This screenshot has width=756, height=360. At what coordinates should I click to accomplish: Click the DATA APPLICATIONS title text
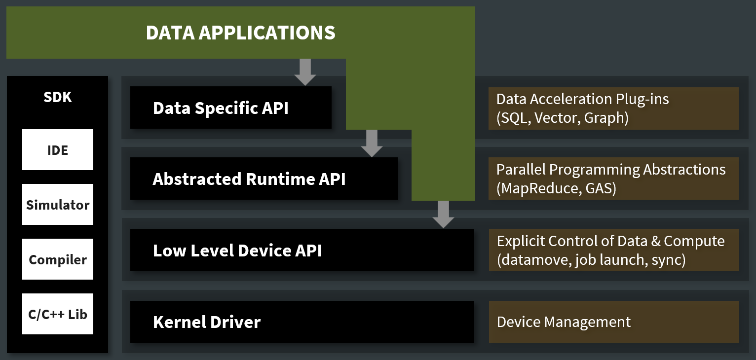pyautogui.click(x=240, y=33)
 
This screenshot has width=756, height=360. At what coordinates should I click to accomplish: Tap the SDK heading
pyautogui.click(x=58, y=97)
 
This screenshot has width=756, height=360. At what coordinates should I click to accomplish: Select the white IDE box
pyautogui.click(x=58, y=150)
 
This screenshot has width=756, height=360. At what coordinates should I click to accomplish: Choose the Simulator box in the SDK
pyautogui.click(x=58, y=205)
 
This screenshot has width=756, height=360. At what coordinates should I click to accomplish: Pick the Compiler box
pyautogui.click(x=58, y=259)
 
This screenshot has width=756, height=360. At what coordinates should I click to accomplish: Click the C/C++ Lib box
pyautogui.click(x=58, y=314)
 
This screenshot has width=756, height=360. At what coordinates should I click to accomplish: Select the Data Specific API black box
pyautogui.click(x=230, y=108)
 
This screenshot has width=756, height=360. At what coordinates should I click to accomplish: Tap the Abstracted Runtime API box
pyautogui.click(x=264, y=179)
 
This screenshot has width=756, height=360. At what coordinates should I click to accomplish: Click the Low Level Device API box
pyautogui.click(x=302, y=250)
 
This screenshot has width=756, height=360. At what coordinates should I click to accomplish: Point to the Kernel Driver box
pyautogui.click(x=302, y=322)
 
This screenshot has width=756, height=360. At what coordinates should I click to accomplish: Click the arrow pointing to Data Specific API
pyautogui.click(x=305, y=72)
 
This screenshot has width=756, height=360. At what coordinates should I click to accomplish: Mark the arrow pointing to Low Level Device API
pyautogui.click(x=444, y=215)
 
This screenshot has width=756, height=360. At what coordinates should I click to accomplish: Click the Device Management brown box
pyautogui.click(x=613, y=322)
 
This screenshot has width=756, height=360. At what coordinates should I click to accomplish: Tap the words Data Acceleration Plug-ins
pyautogui.click(x=582, y=99)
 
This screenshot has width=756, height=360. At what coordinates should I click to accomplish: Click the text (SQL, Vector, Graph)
pyautogui.click(x=562, y=118)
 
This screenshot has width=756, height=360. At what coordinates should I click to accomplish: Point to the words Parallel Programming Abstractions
pyautogui.click(x=611, y=170)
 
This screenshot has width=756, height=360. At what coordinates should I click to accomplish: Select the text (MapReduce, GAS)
pyautogui.click(x=556, y=189)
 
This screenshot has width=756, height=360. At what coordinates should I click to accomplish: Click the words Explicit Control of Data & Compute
pyautogui.click(x=610, y=241)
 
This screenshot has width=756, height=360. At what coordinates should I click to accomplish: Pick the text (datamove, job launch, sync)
pyautogui.click(x=591, y=260)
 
